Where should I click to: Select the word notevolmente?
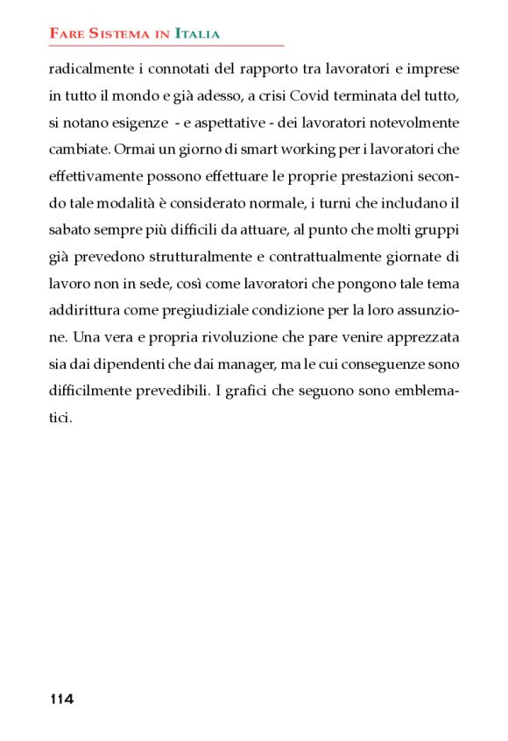click(410, 123)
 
